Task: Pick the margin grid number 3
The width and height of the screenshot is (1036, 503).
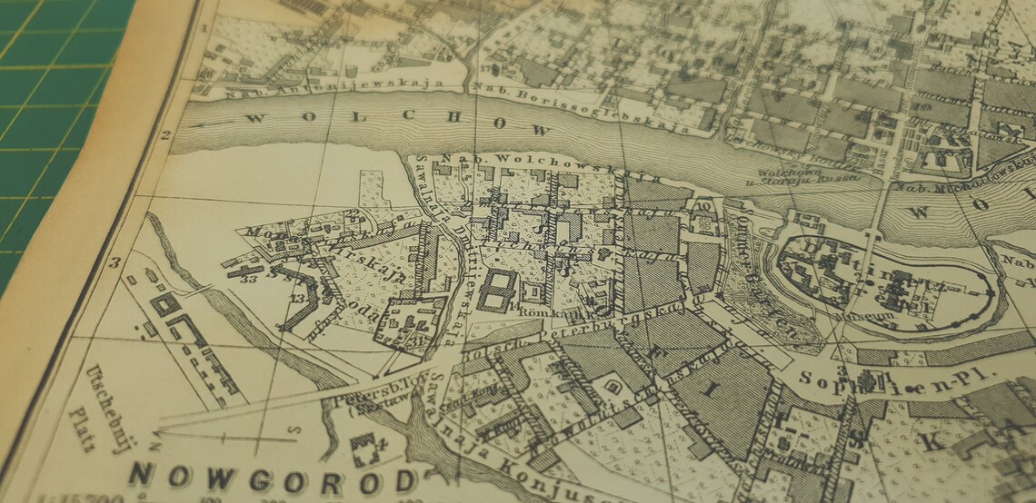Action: click(x=115, y=263)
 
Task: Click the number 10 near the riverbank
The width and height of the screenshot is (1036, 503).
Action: click(x=703, y=206)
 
